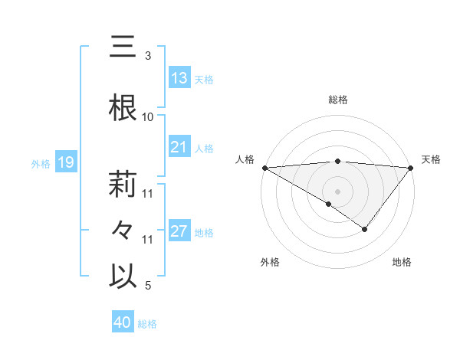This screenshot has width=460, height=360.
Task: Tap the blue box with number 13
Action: tap(179, 78)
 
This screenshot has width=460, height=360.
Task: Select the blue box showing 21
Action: tap(179, 147)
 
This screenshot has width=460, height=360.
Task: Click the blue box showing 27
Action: tap(179, 231)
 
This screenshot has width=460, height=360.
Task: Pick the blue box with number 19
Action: tap(65, 162)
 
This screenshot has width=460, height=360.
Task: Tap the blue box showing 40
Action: tap(123, 323)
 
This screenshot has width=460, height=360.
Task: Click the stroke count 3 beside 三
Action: tap(148, 56)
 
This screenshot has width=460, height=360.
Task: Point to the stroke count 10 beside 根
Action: tap(148, 117)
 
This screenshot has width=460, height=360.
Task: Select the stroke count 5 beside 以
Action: tap(148, 286)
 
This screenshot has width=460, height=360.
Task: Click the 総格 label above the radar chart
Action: tap(338, 100)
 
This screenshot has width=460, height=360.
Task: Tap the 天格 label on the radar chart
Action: tap(432, 159)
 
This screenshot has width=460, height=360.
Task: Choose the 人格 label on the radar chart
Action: tap(245, 159)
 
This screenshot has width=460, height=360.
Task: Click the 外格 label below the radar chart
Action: tap(270, 262)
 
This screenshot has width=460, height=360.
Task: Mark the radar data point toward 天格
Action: tap(412, 167)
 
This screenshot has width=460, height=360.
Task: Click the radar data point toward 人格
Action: tap(264, 167)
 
